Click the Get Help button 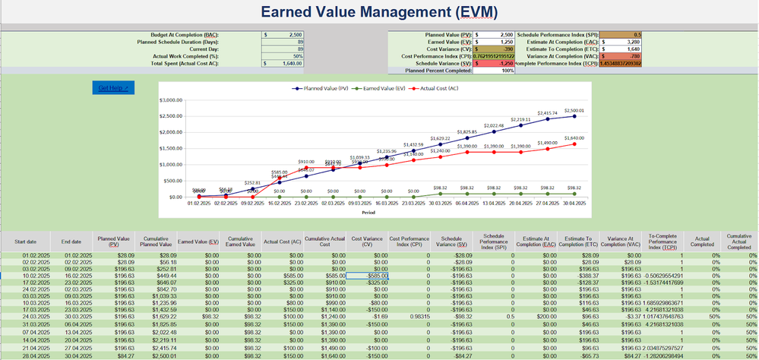113,88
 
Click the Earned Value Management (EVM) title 378,12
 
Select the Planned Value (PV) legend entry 318,88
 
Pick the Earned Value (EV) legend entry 387,88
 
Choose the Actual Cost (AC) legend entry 453,88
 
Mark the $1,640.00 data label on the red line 574,137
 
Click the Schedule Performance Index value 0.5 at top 637,35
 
